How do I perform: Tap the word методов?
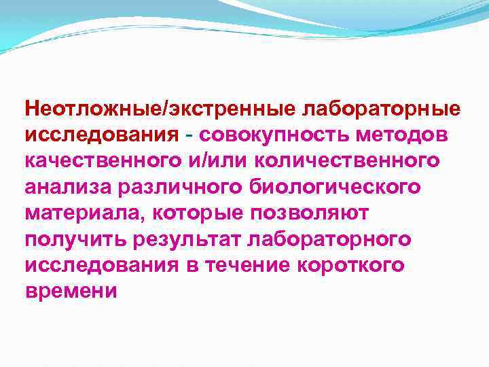[x=410, y=134]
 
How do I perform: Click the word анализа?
[x=63, y=187]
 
